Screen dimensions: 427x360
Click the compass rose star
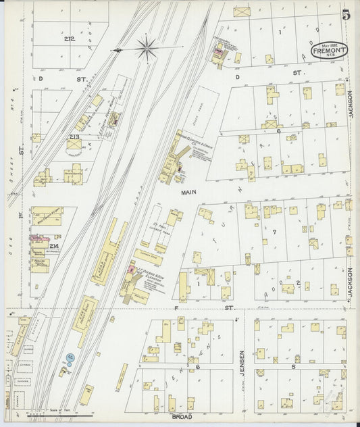147,48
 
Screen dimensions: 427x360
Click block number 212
69,39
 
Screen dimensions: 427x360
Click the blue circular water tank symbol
70,355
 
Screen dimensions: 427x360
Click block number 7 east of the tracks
274,232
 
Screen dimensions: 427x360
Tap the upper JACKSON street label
351,105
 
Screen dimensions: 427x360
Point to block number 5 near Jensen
292,367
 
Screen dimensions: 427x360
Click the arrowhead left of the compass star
118,49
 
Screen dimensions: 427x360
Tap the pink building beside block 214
35,238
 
